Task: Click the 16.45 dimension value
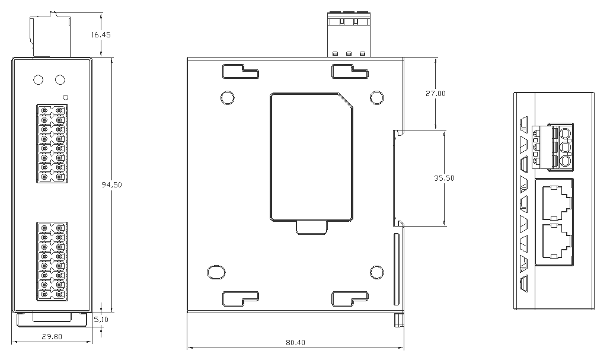101,34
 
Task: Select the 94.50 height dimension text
111,184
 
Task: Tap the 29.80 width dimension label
52,336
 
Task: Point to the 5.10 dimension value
101,320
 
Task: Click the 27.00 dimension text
435,93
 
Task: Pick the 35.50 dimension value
444,179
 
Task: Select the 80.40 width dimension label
296,342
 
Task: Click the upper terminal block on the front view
52,143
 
